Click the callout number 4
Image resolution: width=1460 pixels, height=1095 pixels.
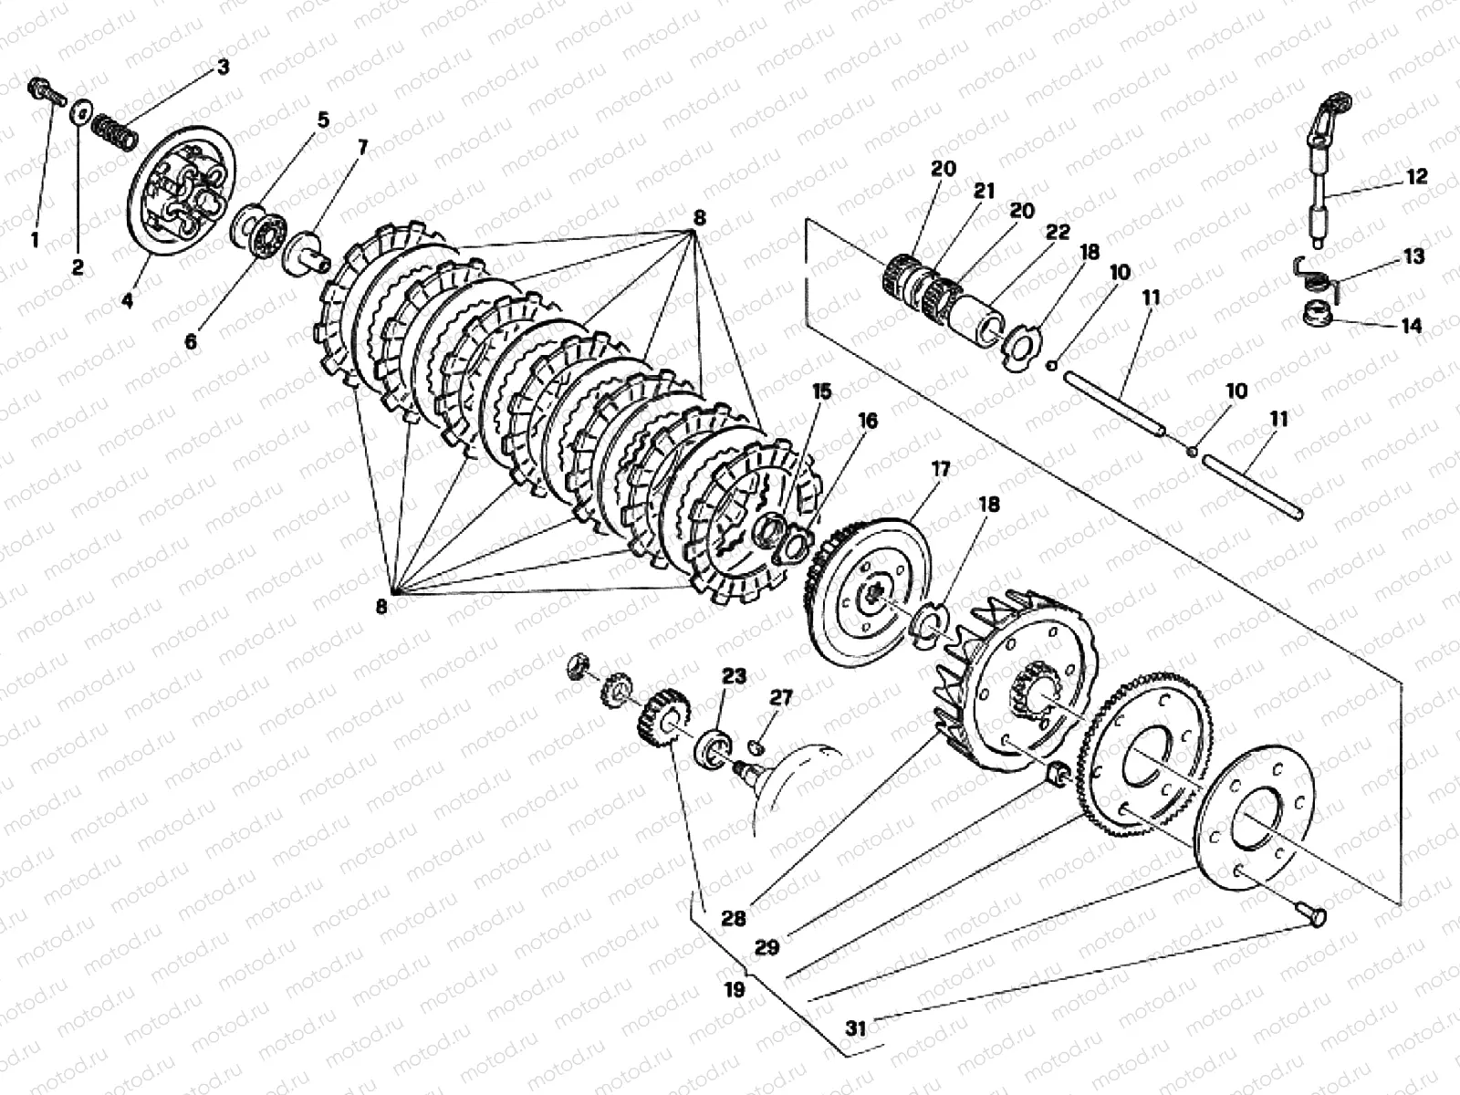(x=127, y=298)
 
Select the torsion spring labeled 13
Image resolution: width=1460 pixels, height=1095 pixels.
(x=1315, y=274)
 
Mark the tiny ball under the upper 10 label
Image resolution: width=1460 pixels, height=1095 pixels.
(x=1052, y=366)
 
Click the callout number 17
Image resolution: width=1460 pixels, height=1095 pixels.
(x=941, y=469)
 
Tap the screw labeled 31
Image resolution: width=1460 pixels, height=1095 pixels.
(x=1310, y=912)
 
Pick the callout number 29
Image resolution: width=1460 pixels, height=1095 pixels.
(x=767, y=947)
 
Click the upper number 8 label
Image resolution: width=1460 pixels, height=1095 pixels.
(x=698, y=218)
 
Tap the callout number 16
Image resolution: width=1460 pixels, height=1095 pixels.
(x=868, y=421)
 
